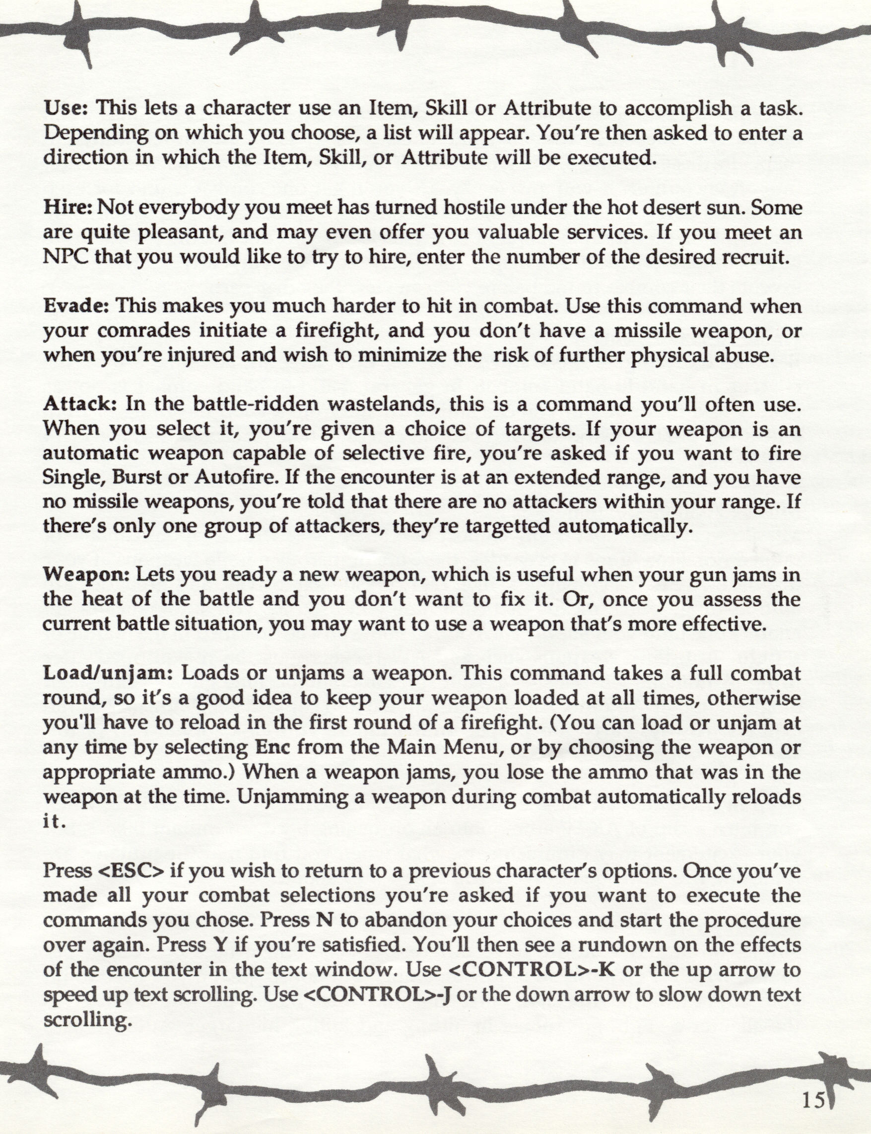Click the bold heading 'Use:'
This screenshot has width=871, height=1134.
67,108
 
